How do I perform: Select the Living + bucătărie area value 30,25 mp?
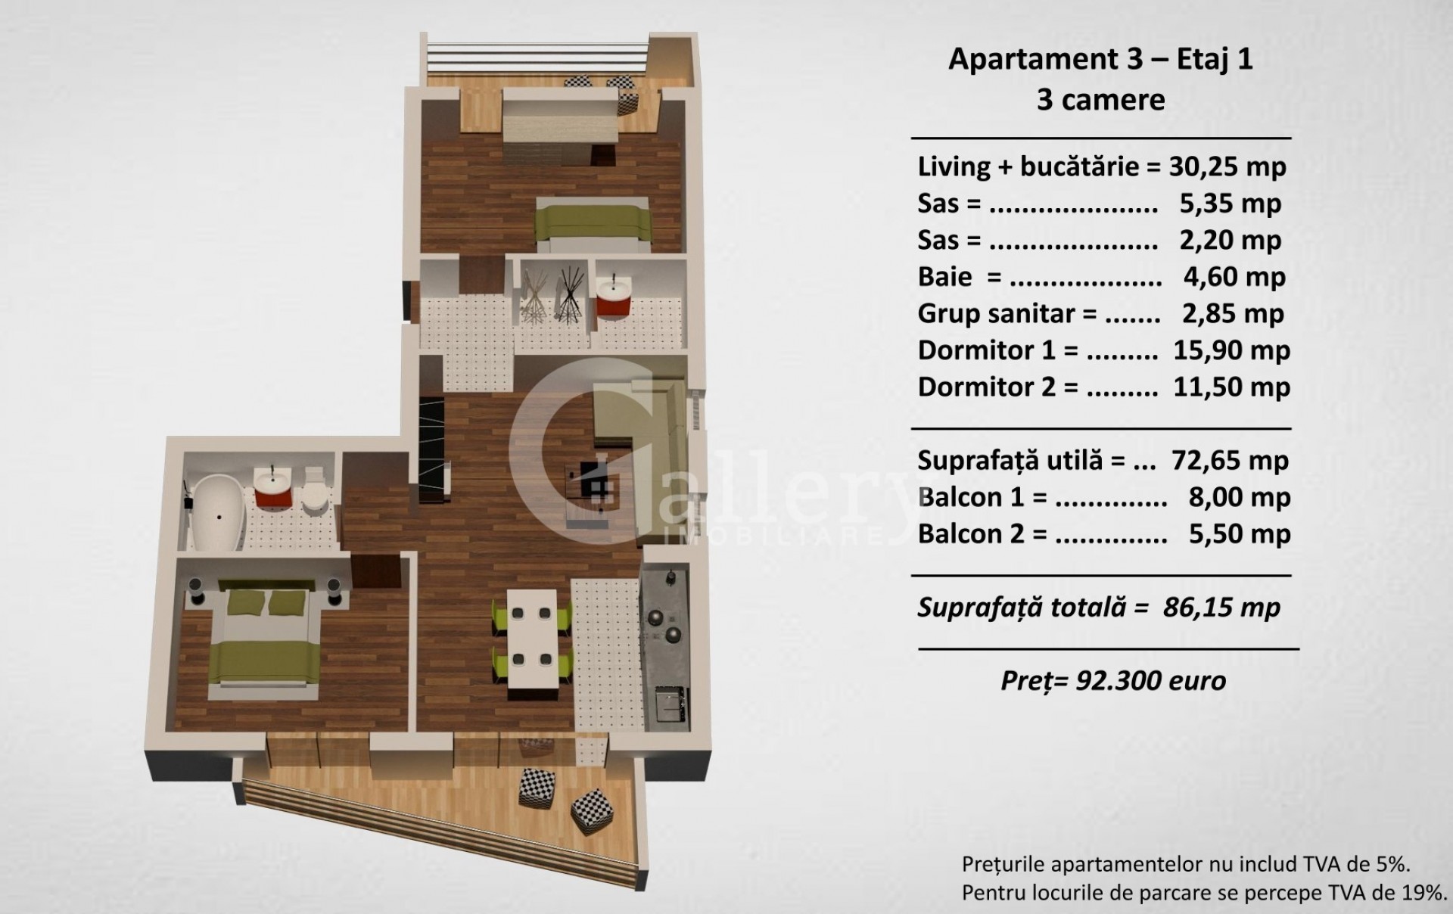(1227, 166)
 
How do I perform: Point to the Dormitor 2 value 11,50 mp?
(1231, 387)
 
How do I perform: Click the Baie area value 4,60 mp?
(1234, 277)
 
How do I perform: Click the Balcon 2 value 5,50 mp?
(1239, 534)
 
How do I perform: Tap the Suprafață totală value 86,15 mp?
(1221, 608)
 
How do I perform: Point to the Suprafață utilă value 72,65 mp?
(1230, 460)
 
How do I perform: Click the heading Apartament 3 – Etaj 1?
(1100, 59)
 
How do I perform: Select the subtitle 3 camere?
(1100, 100)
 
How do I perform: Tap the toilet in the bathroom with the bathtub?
(313, 489)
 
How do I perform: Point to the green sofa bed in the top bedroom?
(593, 224)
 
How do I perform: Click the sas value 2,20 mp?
(1231, 240)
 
